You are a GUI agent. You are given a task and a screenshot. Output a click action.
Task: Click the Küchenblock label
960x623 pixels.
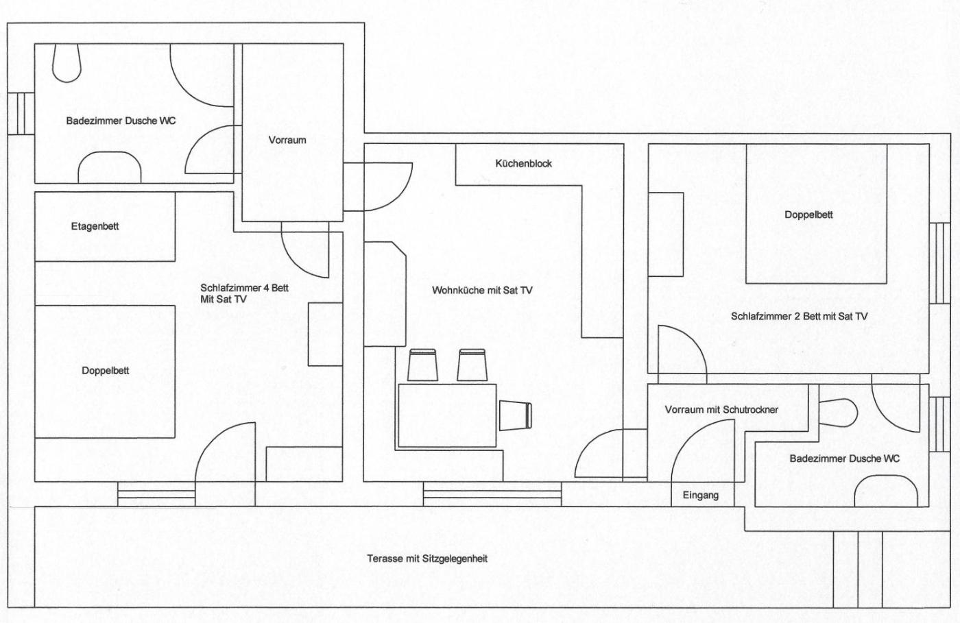point(523,164)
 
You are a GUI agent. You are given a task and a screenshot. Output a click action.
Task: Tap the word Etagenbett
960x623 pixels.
point(95,227)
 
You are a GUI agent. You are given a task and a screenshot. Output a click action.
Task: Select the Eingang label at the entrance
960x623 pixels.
point(700,496)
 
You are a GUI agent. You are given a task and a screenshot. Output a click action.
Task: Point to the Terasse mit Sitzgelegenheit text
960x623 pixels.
point(427,559)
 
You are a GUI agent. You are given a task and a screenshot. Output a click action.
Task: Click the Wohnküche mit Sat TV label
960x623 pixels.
point(482,291)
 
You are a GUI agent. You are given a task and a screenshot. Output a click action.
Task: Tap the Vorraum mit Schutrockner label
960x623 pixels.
point(721,410)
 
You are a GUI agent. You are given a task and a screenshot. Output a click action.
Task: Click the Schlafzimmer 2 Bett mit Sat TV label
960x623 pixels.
point(800,317)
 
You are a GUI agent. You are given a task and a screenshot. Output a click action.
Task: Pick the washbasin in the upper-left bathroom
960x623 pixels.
point(109,167)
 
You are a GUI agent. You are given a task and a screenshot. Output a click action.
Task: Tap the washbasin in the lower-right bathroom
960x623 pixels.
point(886,491)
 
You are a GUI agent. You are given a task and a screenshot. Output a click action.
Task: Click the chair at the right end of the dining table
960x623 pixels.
point(516,416)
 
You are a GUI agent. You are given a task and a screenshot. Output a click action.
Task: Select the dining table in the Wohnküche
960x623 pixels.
point(447,415)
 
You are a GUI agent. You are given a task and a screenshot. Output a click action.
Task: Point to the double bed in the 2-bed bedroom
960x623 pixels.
point(817,214)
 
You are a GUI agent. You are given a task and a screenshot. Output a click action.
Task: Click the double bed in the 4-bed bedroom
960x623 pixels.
point(105,371)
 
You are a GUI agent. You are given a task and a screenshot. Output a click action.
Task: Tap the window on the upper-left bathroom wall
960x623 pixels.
point(21,114)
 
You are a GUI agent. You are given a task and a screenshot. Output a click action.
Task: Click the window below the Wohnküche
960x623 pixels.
point(492,494)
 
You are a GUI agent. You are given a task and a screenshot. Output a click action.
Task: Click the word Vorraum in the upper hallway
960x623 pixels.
point(287,140)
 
